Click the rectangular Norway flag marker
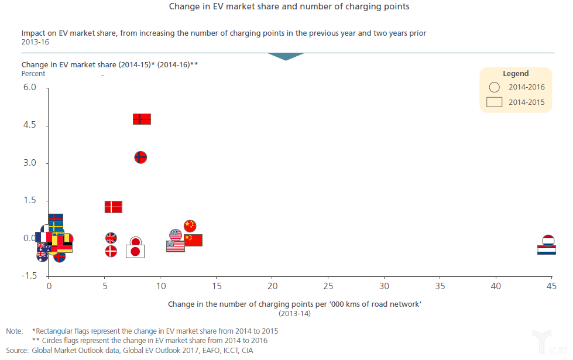[142, 119]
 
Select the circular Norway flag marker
[140, 157]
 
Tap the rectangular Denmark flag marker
[114, 207]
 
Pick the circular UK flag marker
[111, 238]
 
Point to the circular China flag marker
[190, 226]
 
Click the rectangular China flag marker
[193, 240]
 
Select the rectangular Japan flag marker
[135, 251]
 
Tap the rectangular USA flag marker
[176, 246]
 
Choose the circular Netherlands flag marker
[548, 240]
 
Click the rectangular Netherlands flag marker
[547, 250]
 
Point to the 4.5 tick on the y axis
[29, 125]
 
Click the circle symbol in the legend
[494, 87]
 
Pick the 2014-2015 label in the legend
[527, 102]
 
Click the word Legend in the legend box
[516, 74]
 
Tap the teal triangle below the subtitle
[286, 56]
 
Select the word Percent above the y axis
[33, 74]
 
